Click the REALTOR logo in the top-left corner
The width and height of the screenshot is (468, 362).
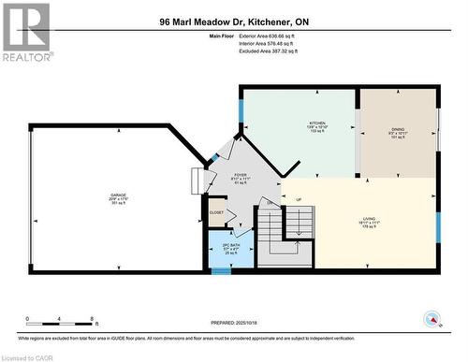coord(26,32)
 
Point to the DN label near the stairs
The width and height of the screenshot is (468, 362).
coord(268,203)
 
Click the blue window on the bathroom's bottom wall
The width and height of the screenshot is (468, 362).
coord(220,270)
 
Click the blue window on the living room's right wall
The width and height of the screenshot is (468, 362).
coord(437,227)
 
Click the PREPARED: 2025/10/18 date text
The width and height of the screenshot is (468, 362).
coord(234,323)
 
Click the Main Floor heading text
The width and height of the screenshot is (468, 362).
coord(222,36)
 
